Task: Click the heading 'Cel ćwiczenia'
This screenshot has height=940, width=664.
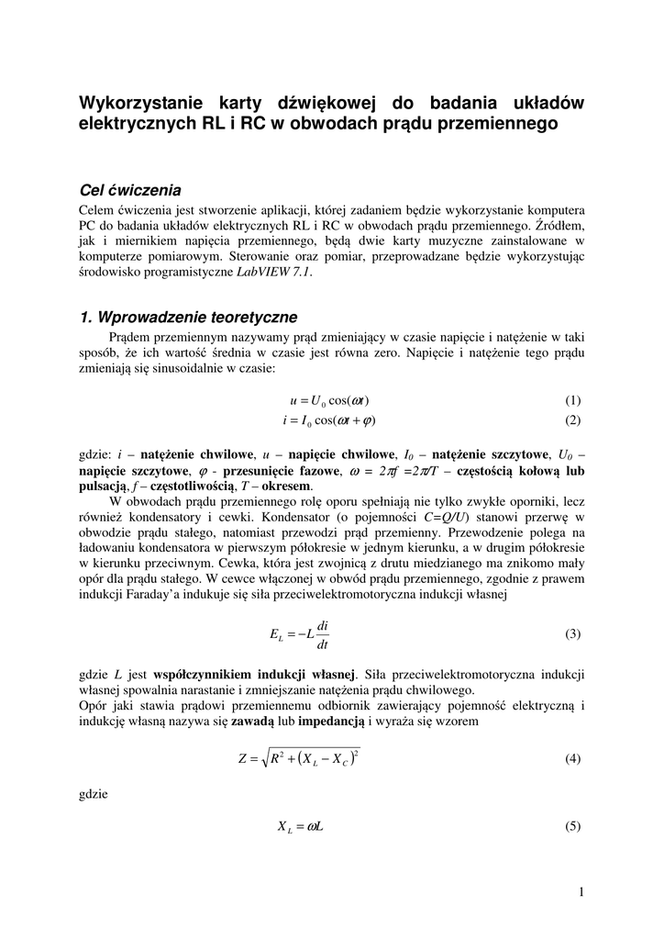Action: coord(130,190)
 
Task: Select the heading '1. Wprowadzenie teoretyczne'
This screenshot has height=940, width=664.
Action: coord(189,318)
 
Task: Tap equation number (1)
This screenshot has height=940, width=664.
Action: coord(573,401)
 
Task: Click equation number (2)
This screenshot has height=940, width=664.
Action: coord(573,420)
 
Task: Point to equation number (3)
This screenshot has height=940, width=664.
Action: coord(573,633)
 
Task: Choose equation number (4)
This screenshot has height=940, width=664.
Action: coord(573,759)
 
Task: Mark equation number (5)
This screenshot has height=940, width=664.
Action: coord(573,826)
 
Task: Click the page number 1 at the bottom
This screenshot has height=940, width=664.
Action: coord(581,891)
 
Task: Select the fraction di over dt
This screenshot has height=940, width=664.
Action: coord(323,633)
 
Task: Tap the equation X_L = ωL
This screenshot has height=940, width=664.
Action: coord(300,826)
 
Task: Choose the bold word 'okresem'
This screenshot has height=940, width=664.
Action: coord(286,486)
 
